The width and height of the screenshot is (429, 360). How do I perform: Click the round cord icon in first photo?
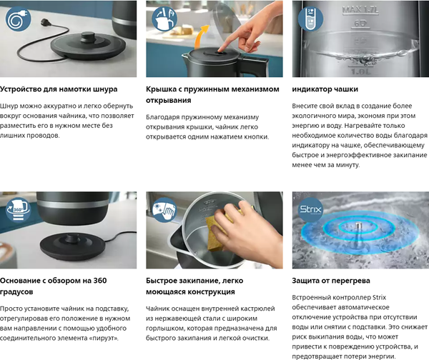[x=19, y=19]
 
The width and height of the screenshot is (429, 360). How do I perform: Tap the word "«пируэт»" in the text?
[x=102, y=338]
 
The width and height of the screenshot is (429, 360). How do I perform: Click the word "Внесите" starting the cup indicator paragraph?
[x=308, y=106]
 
